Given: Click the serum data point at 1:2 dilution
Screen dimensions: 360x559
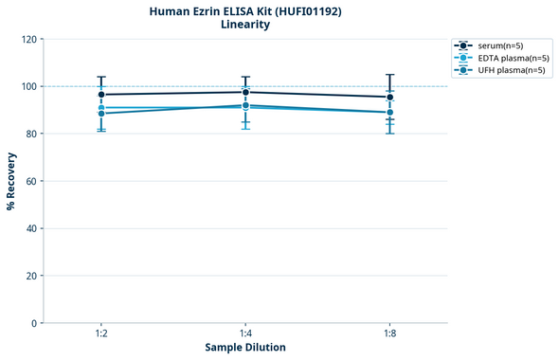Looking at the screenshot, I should click(101, 95).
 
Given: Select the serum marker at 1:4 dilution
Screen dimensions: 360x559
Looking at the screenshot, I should click(245, 92).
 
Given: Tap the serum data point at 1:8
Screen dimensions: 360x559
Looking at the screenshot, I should click(389, 97).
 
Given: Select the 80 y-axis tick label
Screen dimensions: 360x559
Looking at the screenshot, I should click(31, 134).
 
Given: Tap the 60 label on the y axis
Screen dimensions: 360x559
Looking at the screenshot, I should click(31, 181).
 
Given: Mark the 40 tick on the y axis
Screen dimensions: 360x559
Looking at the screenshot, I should click(31, 228).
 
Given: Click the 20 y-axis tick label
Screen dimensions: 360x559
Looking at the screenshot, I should click(31, 276).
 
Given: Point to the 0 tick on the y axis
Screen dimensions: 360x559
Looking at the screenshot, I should click(34, 323).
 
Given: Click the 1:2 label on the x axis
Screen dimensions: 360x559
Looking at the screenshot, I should click(101, 334).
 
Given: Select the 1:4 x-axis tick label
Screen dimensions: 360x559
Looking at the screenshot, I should click(245, 334).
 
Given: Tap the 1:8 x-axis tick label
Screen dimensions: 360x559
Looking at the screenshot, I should click(389, 334).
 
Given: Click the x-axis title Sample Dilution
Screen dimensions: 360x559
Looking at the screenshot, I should click(245, 348).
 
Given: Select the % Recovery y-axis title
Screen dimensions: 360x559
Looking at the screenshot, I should click(11, 181).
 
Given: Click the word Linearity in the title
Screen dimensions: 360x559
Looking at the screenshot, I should click(245, 25).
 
